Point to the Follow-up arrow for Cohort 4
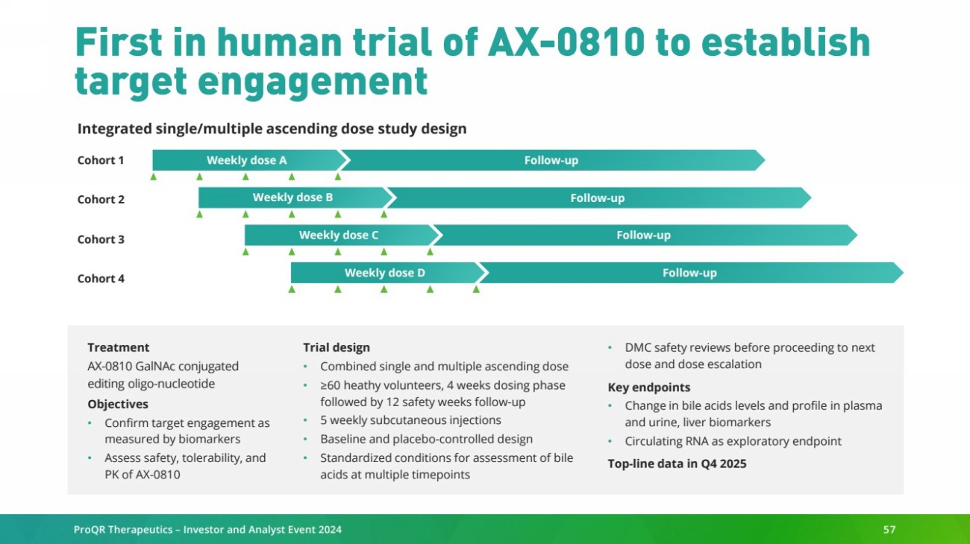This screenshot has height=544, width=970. pos(692,273)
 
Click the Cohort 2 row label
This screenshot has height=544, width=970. pos(101,200)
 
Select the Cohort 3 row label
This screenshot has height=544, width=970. pos(101,239)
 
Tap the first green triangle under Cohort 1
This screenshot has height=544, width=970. pos(153,177)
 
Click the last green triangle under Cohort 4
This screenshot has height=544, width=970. pos(476,289)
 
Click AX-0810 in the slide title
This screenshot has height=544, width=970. pos(566,42)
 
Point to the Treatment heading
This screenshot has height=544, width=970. pos(118,347)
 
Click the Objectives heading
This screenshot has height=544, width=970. pos(118,404)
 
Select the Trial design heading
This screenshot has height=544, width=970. pos(337,347)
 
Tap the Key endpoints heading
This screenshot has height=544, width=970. pos(648,387)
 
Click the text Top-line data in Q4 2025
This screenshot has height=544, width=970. pos(677,464)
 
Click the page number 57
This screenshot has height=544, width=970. pos(889,529)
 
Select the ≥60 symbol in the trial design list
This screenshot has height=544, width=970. pos(331,385)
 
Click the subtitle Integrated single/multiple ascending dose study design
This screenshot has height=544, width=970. pos(272,129)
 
